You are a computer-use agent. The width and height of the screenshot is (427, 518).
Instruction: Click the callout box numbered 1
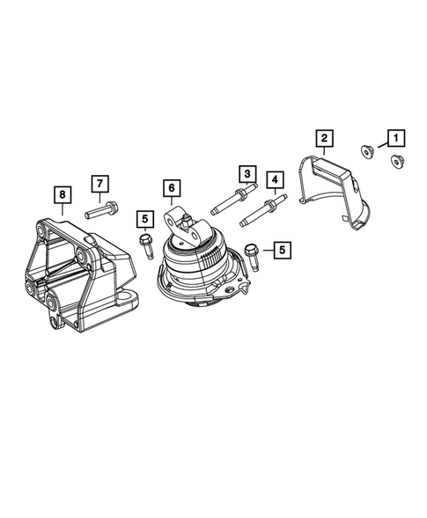tap(394, 137)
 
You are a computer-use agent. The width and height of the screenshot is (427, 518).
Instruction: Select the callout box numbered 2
tap(324, 137)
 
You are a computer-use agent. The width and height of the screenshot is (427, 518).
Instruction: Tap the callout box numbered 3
tap(247, 174)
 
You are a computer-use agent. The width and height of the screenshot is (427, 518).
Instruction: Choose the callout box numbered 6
tap(171, 187)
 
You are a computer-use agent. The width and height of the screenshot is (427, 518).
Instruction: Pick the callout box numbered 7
tap(100, 183)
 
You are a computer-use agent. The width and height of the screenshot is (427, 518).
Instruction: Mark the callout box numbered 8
tap(62, 192)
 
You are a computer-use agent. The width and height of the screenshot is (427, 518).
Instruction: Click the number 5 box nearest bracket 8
tap(144, 217)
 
